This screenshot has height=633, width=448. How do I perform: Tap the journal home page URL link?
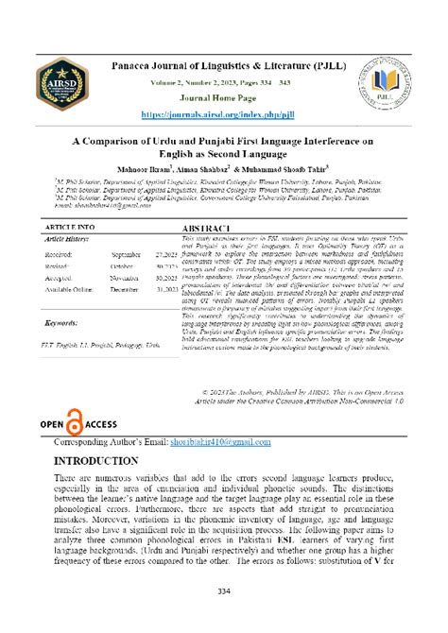(x=224, y=113)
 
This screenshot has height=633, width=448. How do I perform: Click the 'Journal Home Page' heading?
(x=224, y=98)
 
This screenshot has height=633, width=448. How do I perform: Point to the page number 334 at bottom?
(x=224, y=591)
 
